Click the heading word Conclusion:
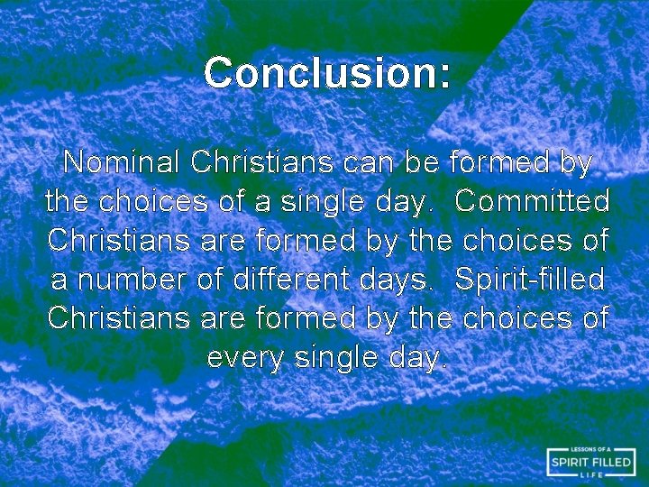click(x=326, y=73)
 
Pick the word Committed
click(x=533, y=202)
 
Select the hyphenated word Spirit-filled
click(x=531, y=280)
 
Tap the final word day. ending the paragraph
click(x=416, y=358)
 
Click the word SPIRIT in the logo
click(x=573, y=463)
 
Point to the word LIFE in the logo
click(x=591, y=475)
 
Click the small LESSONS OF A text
click(x=591, y=449)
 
